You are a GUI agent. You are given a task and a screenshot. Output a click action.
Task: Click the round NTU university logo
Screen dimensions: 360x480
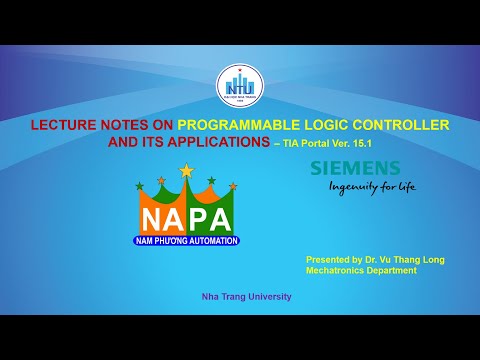239,88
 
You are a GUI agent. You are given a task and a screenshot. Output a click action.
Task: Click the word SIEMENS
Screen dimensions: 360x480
354,168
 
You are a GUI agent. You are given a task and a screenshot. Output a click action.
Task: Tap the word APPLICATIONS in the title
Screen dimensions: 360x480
202,142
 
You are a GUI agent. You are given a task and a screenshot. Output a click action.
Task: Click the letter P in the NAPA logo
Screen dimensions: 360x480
199,219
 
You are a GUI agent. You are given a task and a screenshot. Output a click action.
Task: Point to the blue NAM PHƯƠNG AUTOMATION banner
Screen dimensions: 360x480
186,241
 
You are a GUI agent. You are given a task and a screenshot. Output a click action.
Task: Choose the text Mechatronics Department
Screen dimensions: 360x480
362,271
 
